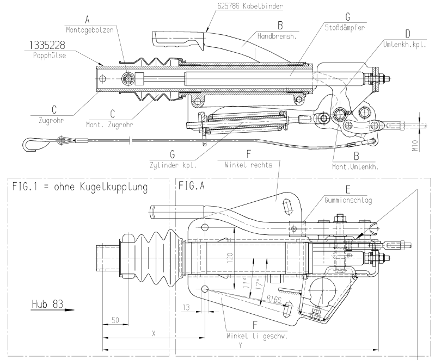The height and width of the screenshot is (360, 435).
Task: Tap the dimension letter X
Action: coord(154,333)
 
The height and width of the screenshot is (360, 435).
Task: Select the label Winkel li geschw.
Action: coord(256,336)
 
